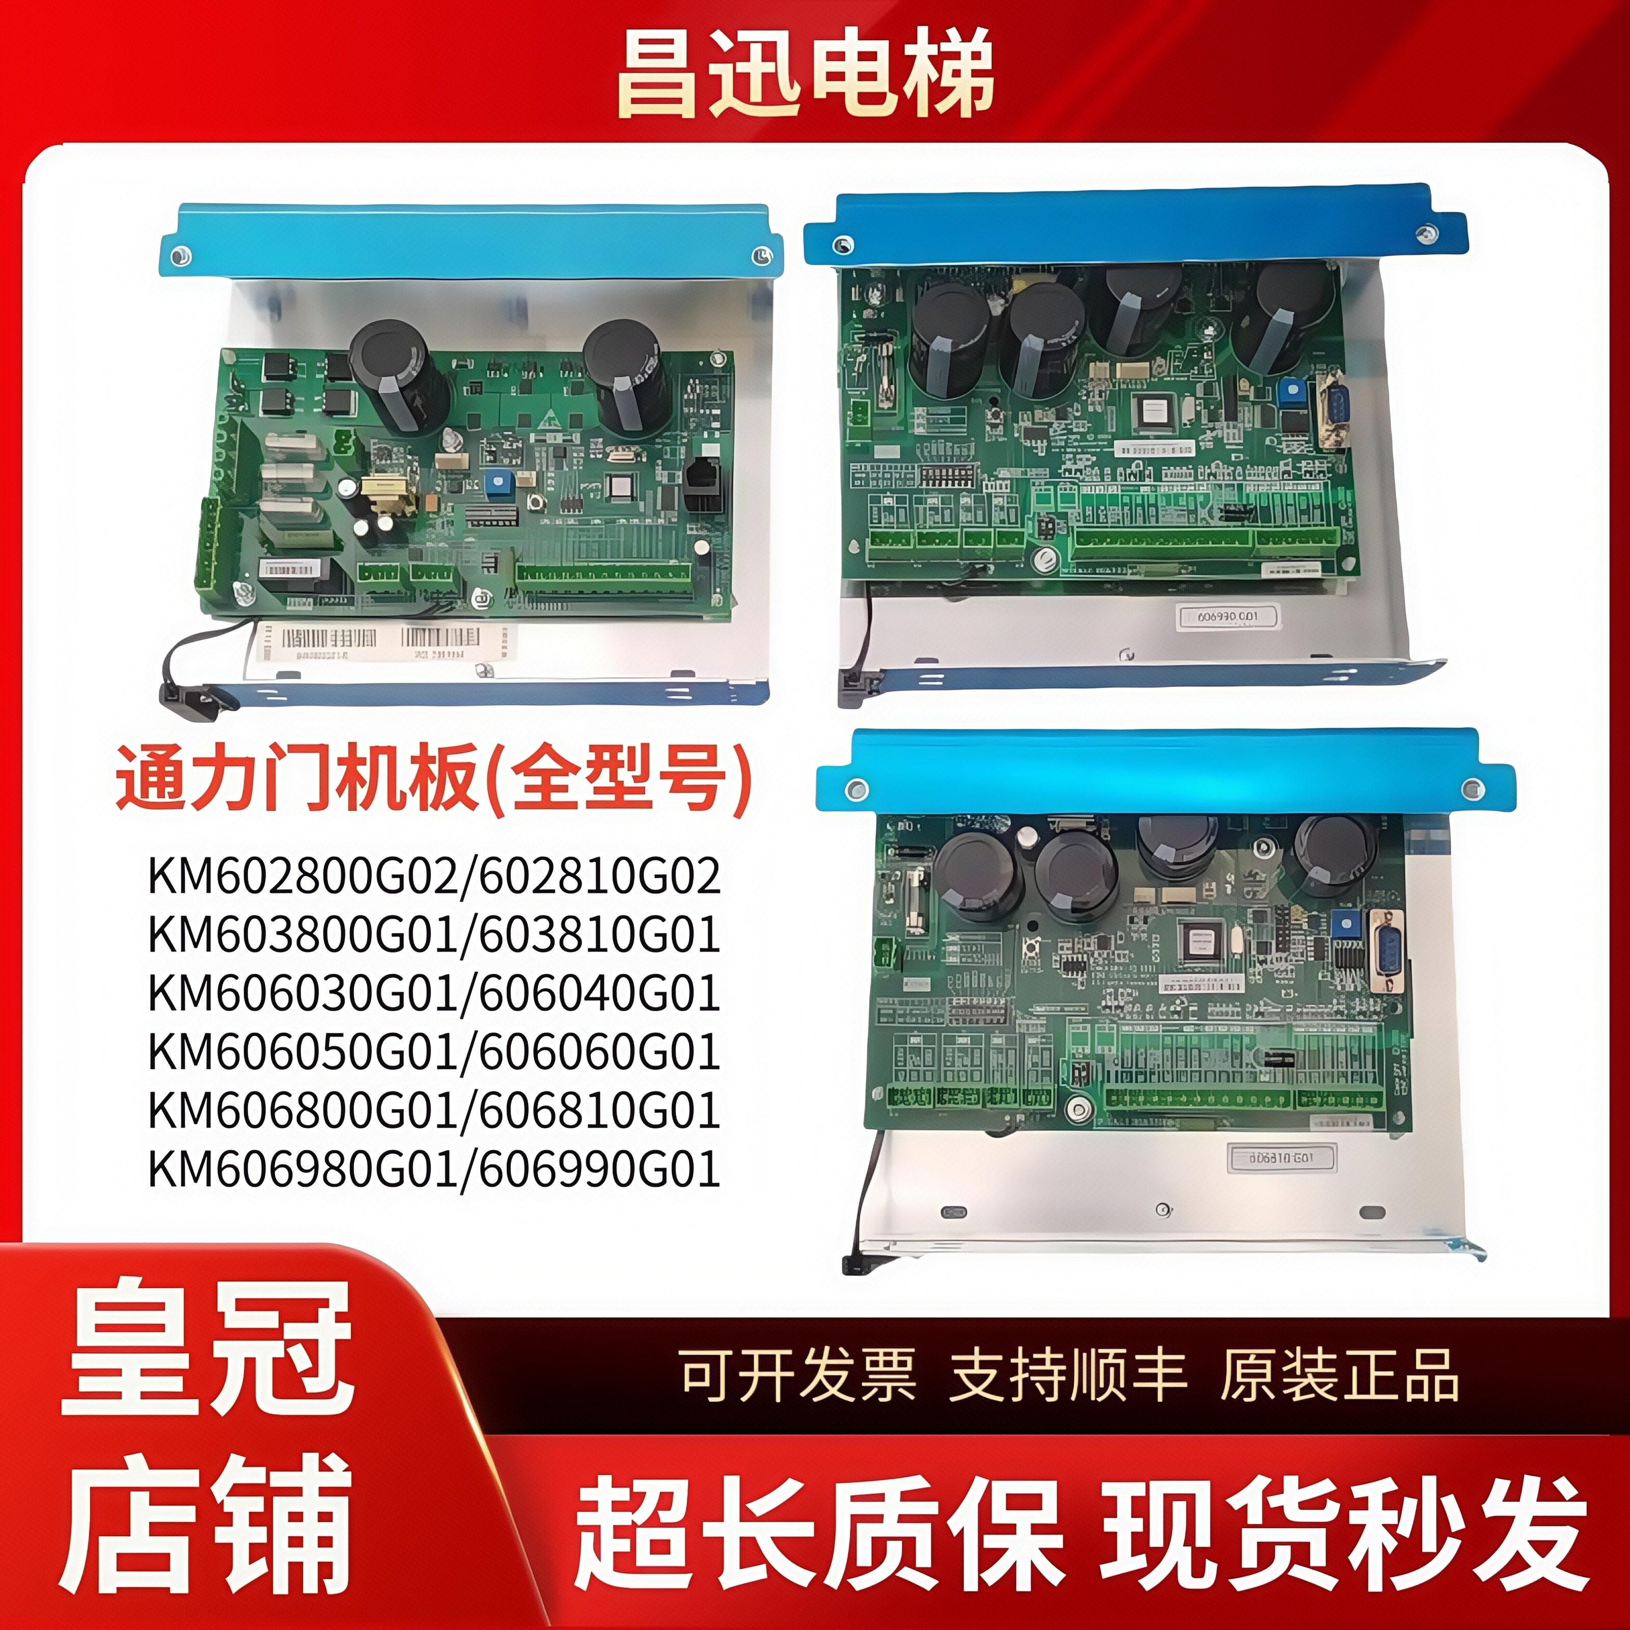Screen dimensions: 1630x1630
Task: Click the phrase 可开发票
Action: click(x=797, y=1376)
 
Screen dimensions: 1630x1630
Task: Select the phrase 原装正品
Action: click(x=1340, y=1376)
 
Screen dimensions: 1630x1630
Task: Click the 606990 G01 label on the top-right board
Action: click(x=1228, y=617)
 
